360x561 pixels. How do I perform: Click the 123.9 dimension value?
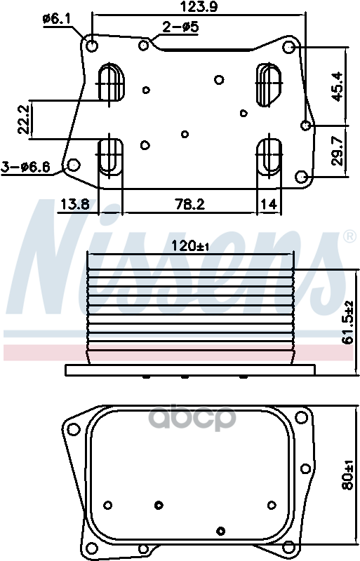(198, 7)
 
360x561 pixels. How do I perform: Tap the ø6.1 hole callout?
(56, 19)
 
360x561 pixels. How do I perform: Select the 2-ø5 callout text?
(180, 27)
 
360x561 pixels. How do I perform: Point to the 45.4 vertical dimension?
(337, 86)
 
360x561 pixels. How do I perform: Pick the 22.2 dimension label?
(24, 119)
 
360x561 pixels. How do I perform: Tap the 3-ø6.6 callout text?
(25, 167)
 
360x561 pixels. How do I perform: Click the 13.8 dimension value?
(74, 204)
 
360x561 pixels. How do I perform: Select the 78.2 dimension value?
(190, 204)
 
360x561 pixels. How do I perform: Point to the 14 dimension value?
(269, 204)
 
